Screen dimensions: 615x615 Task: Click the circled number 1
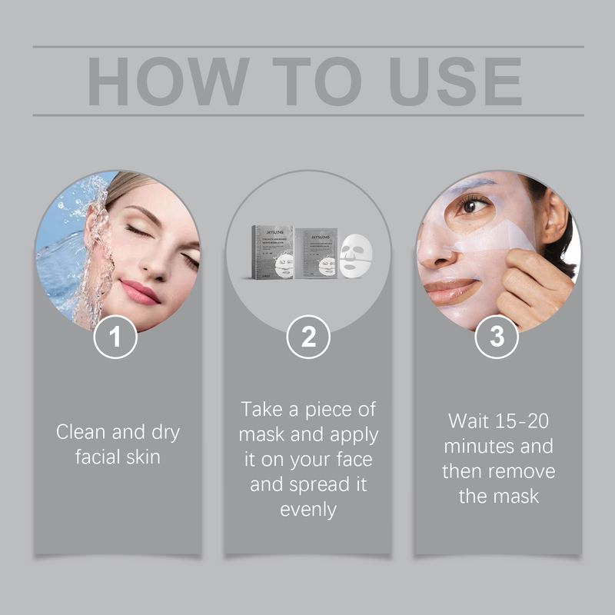[x=116, y=337]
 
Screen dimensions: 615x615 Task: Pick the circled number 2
[x=307, y=337]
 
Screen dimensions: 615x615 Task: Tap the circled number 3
[x=497, y=337]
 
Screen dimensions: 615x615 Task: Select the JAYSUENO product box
[x=273, y=251]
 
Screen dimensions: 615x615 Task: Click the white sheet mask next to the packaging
[x=356, y=257]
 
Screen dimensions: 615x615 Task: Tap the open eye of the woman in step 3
[x=474, y=205]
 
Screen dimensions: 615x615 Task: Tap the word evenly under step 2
[x=307, y=510]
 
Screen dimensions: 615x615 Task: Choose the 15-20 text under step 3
[x=517, y=421]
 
